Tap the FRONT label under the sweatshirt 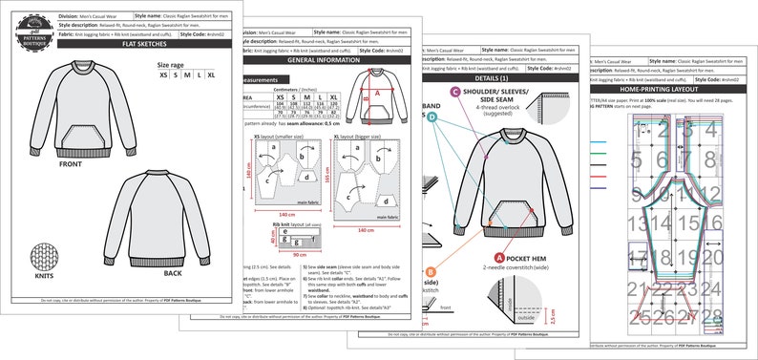(70, 164)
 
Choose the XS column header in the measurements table (280, 97)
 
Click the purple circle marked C (455, 94)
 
